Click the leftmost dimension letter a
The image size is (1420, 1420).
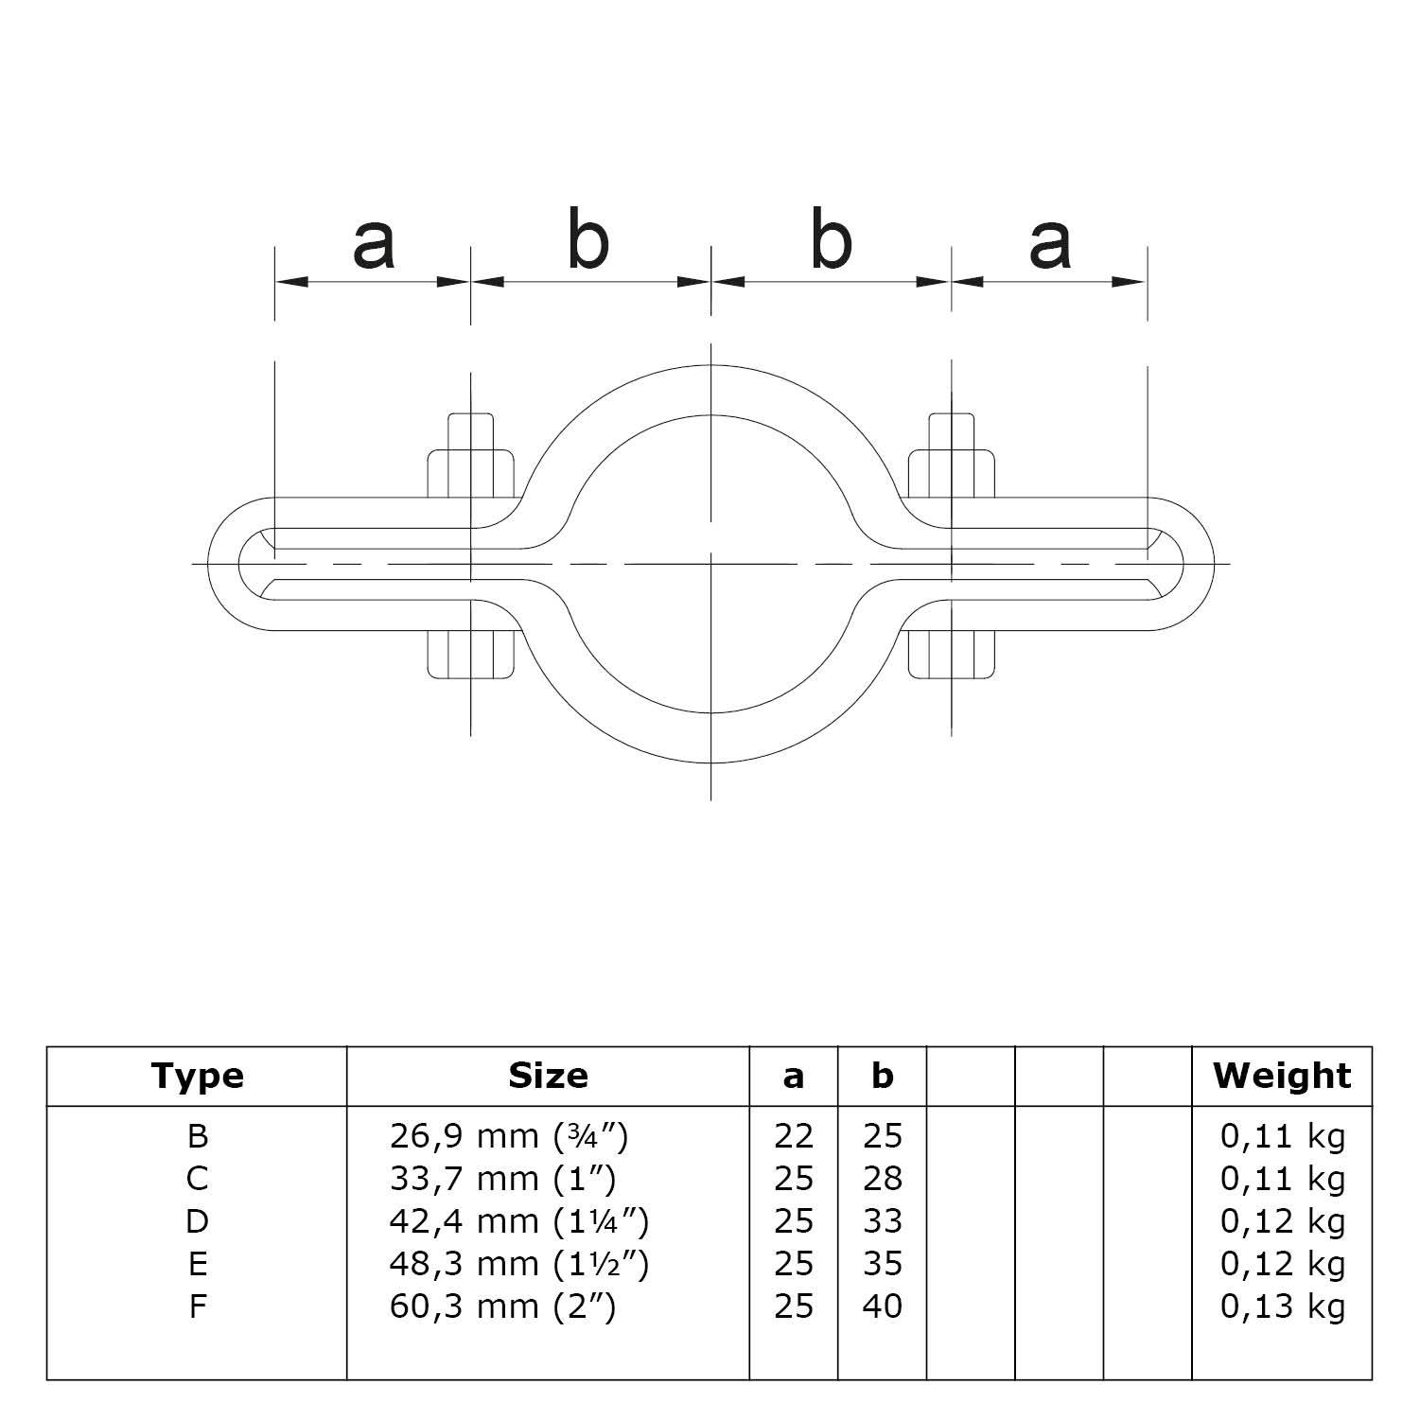pyautogui.click(x=373, y=243)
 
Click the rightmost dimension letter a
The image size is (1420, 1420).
pyautogui.click(x=1050, y=243)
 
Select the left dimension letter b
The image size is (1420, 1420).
pyautogui.click(x=588, y=241)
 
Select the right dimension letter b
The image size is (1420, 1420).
pyautogui.click(x=832, y=241)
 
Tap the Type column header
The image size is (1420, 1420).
pyautogui.click(x=197, y=1076)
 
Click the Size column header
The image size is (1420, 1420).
pyautogui.click(x=548, y=1076)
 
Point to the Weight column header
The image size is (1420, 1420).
pyautogui.click(x=1282, y=1076)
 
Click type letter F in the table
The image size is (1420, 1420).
pyautogui.click(x=197, y=1307)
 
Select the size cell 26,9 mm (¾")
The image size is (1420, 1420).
pyautogui.click(x=509, y=1135)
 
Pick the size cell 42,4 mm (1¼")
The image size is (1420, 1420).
pyautogui.click(x=518, y=1221)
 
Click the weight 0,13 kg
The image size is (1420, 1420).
pyautogui.click(x=1282, y=1307)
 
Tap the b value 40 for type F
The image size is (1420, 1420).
pyautogui.click(x=882, y=1307)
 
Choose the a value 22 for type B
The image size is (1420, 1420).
pyautogui.click(x=793, y=1135)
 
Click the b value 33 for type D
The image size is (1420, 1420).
pyautogui.click(x=882, y=1221)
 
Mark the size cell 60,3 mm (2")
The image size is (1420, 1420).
pyautogui.click(x=502, y=1307)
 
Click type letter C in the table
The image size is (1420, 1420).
pyautogui.click(x=197, y=1179)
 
